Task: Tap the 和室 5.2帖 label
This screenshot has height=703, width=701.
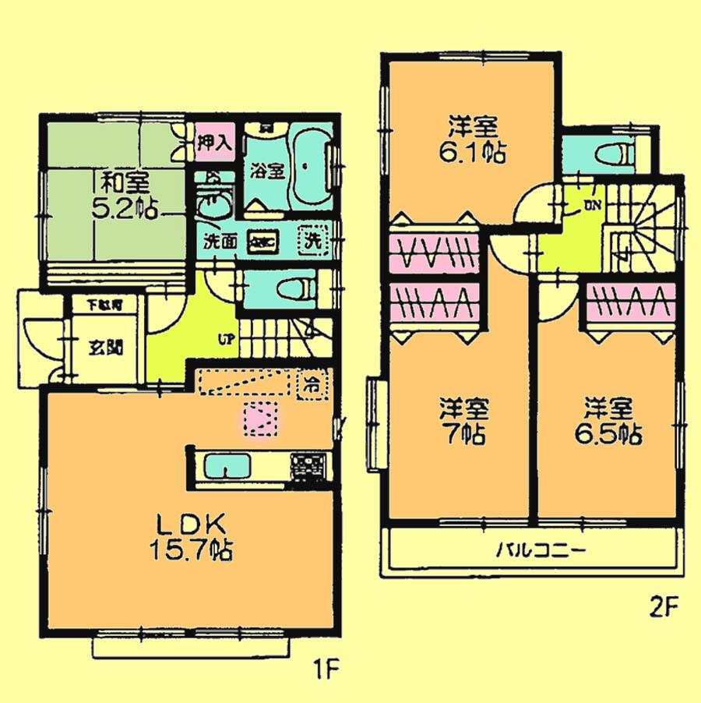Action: point(125,196)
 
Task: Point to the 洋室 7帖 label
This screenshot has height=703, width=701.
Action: point(464,421)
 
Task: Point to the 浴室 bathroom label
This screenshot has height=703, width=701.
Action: point(266,171)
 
